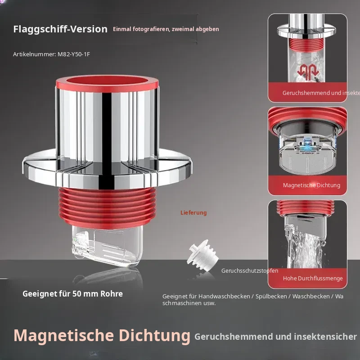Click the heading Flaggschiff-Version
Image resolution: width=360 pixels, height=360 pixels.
[x=60, y=29]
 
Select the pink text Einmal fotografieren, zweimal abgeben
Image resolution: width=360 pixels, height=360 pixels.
[x=166, y=29]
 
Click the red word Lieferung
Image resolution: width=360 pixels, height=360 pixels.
[x=193, y=212]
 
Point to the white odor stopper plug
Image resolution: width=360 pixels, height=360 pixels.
[x=202, y=252]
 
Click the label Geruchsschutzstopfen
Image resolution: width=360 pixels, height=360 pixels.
[x=250, y=271]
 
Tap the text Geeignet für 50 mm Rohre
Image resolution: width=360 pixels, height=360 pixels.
[x=72, y=294]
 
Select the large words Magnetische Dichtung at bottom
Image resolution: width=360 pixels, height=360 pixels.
[x=102, y=336]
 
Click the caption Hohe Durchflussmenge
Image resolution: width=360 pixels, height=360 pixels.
[x=313, y=278]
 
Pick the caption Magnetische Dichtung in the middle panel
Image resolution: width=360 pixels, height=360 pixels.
[x=311, y=185]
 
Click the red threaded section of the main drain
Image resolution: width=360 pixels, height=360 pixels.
[x=108, y=207]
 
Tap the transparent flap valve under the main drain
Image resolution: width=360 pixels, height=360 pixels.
[x=107, y=246]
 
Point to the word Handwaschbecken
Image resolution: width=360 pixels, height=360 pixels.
[x=224, y=297]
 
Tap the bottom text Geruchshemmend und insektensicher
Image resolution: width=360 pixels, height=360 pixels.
[x=275, y=337]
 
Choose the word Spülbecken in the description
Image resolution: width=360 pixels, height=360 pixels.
[x=271, y=297]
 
